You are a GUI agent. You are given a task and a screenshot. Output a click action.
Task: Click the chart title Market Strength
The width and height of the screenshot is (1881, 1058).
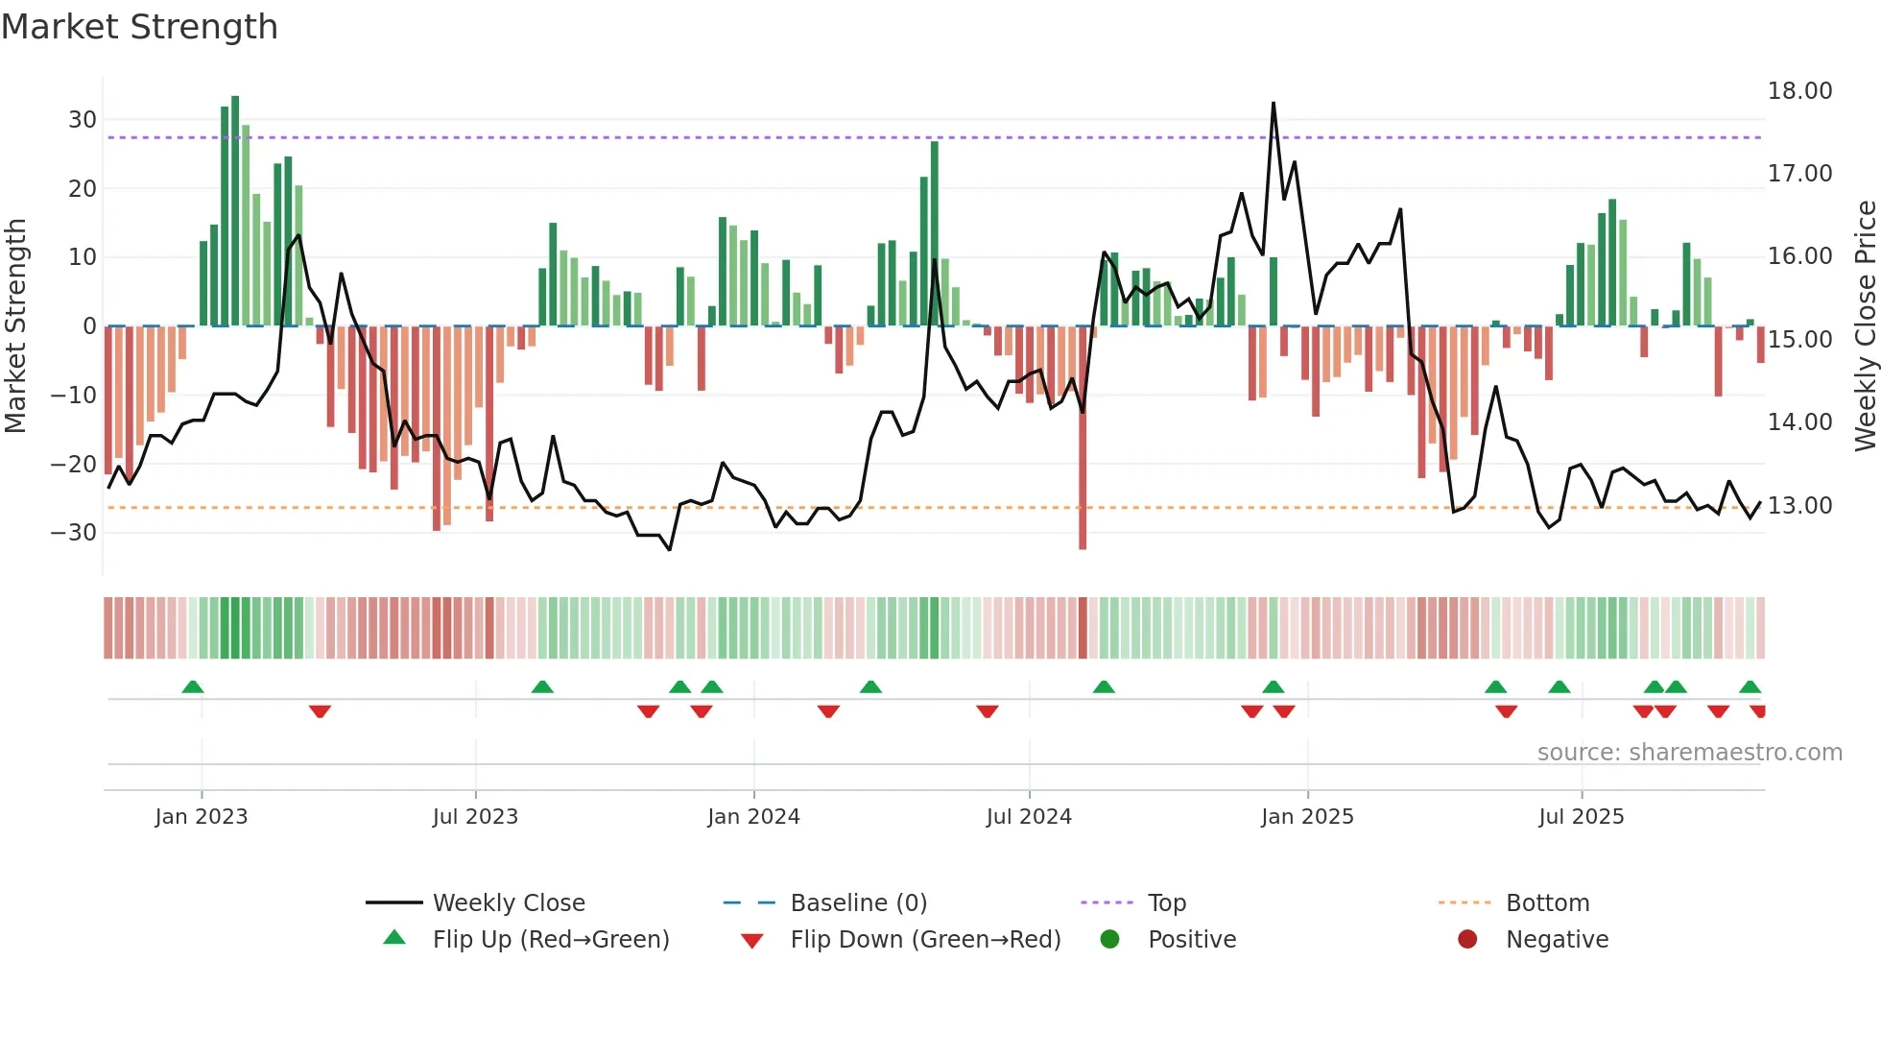coord(139,27)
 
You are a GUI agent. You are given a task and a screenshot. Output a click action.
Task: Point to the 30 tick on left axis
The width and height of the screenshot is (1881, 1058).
coord(83,120)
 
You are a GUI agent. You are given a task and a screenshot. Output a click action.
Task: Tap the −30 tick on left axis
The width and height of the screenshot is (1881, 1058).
coord(75,533)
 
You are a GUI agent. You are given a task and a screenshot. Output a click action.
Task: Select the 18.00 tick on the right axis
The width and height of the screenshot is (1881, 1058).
coord(1799,91)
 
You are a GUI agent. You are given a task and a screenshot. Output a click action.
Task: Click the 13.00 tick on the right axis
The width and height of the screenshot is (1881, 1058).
coord(1799,506)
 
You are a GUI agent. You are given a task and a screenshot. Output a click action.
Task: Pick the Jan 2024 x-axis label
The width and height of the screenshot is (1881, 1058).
coord(753,817)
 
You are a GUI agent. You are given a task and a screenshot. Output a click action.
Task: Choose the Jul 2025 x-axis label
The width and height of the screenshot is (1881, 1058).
coord(1581,817)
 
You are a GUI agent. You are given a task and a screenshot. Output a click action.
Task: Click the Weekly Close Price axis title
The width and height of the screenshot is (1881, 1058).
coord(1865,326)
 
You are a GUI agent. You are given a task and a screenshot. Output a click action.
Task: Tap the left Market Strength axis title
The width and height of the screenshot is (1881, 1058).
coord(15,326)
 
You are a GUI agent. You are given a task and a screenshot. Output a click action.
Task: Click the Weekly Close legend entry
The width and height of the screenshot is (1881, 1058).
coord(508,903)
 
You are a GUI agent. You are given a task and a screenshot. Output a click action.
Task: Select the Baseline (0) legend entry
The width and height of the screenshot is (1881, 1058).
coord(858,903)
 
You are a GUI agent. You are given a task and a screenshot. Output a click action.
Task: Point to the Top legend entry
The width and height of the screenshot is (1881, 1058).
coord(1166,903)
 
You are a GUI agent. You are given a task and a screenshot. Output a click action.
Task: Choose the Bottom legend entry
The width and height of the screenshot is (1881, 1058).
coord(1547,903)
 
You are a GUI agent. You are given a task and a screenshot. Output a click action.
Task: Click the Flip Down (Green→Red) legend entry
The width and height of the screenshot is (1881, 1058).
coord(925,940)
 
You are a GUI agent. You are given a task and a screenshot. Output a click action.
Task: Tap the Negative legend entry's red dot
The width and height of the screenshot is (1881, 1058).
coord(1467,940)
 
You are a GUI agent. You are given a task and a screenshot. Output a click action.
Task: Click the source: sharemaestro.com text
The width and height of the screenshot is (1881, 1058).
coord(1689,753)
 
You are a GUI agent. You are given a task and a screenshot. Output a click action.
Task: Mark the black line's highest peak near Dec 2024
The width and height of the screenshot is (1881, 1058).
coord(1274,104)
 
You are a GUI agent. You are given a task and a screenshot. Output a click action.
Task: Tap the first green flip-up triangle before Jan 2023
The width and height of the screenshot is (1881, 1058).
coord(193,687)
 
